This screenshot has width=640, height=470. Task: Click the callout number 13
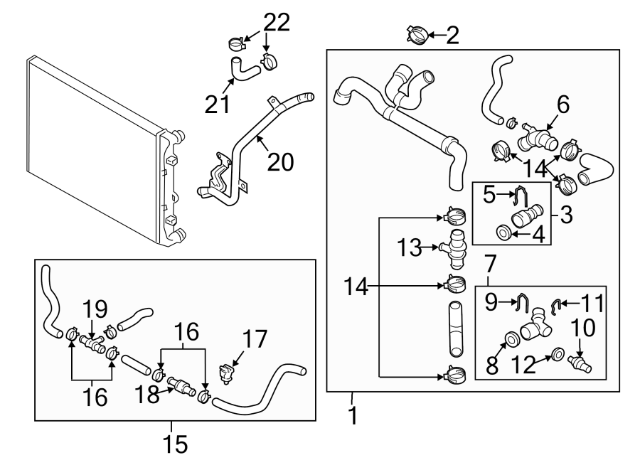point(409,248)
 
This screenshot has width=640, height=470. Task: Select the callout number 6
point(562,105)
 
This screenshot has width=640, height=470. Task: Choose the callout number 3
point(566,215)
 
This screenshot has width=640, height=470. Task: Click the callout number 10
point(583,329)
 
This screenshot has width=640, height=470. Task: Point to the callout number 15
point(175,444)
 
